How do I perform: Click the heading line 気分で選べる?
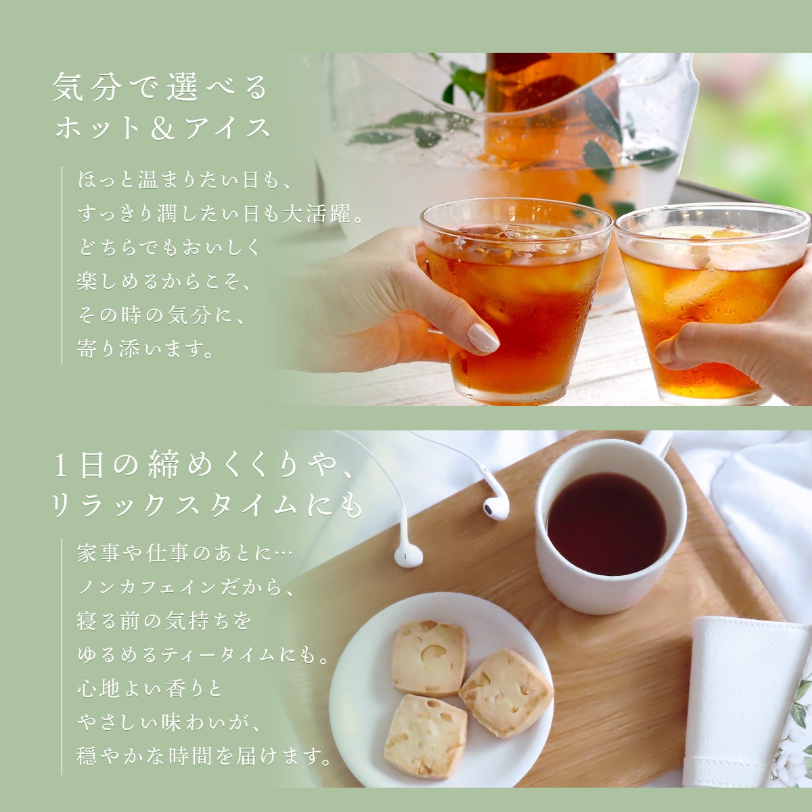[160, 87]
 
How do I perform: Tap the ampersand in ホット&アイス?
[162, 128]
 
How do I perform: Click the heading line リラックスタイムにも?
[207, 506]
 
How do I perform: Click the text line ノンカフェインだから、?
[185, 587]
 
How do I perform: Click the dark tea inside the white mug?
[606, 524]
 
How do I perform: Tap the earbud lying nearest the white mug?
[495, 508]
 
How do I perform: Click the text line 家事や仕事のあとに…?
[184, 554]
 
